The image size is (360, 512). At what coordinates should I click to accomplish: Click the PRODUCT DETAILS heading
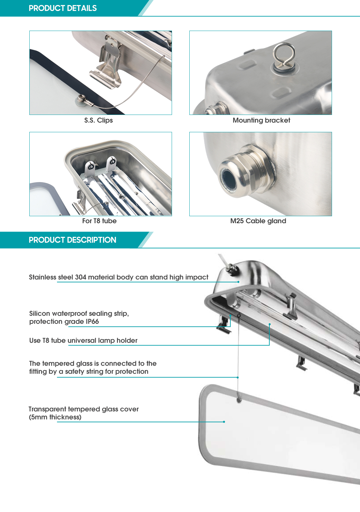pos(63,8)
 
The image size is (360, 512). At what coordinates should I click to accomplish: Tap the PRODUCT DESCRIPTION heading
pos(72,240)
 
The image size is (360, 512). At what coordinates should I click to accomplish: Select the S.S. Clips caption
pos(98,120)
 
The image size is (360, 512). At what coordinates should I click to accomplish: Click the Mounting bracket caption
pos(261,120)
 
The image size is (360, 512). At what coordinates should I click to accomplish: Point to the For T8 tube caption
pos(99,221)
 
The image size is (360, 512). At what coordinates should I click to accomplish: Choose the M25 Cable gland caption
pos(258,221)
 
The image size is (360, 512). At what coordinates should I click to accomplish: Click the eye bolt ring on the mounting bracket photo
pos(284,53)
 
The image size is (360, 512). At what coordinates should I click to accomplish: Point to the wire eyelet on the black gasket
pos(82,99)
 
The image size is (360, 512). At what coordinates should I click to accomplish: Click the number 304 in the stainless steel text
pos(81,277)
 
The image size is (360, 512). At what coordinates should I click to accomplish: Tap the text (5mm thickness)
pos(55,417)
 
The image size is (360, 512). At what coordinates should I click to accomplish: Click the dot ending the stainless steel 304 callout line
pos(238,282)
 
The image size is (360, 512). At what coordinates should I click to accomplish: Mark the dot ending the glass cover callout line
pos(224,422)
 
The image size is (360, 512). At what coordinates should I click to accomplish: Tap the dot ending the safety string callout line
pos(238,377)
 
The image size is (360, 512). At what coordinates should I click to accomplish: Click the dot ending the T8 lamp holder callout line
pos(269,324)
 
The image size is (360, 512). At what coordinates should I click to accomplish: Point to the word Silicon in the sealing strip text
pos(40,313)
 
